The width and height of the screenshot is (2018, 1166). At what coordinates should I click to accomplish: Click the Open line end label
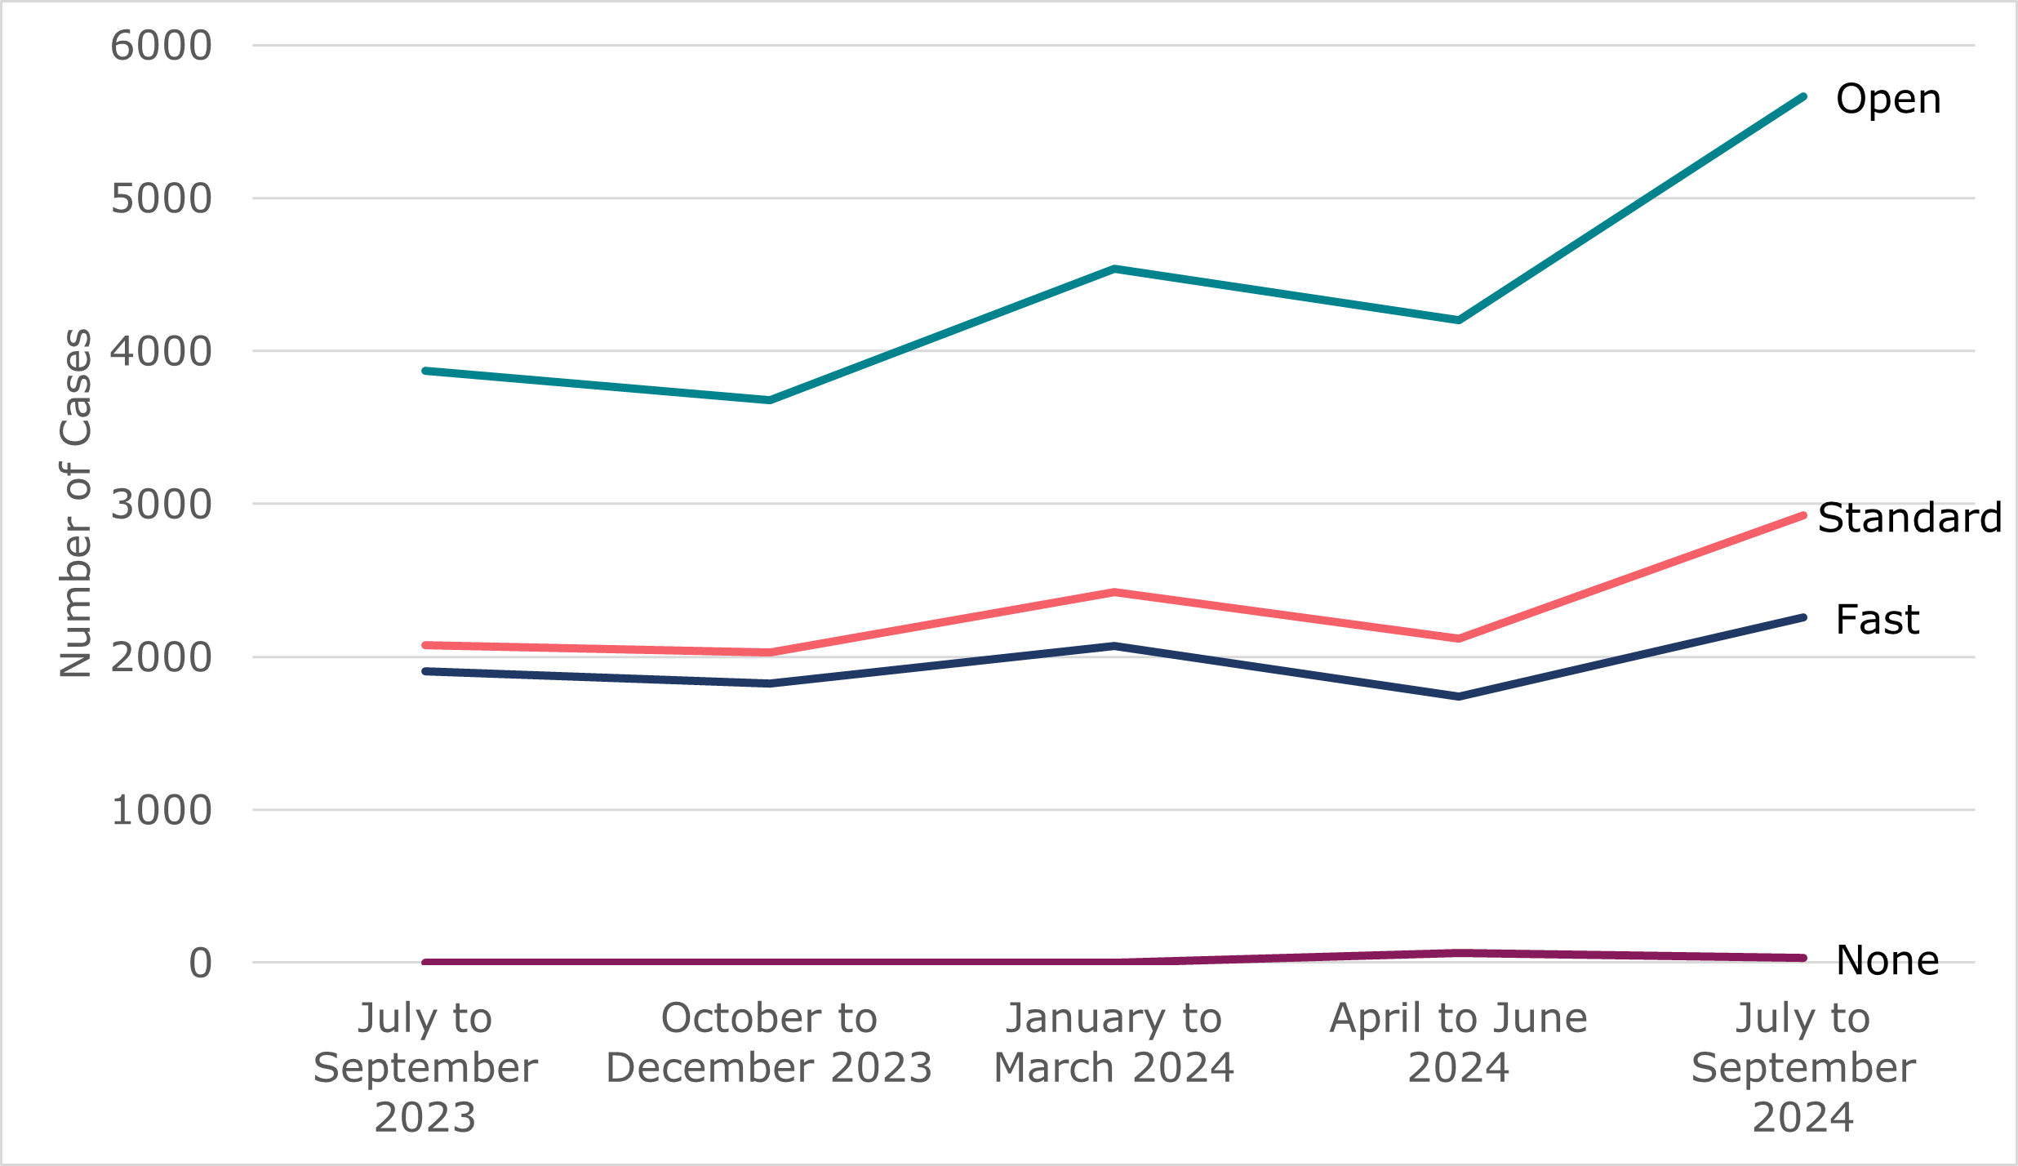[1887, 100]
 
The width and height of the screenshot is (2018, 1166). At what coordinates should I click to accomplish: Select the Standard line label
[1909, 518]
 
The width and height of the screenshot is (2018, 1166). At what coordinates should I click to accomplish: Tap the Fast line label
[1877, 620]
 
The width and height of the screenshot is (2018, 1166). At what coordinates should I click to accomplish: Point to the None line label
[1887, 960]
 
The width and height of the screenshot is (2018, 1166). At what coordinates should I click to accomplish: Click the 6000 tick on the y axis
[161, 46]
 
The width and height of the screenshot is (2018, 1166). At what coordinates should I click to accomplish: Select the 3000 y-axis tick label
[161, 505]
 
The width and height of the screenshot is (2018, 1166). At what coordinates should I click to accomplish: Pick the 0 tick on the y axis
[200, 964]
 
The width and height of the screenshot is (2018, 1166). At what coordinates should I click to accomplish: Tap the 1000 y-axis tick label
[161, 811]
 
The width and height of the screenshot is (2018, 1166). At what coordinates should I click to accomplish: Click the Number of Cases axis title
[76, 503]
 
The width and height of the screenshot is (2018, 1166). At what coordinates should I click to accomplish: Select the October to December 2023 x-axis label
[769, 1043]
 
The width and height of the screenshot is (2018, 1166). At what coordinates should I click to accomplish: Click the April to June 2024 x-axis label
[1459, 1043]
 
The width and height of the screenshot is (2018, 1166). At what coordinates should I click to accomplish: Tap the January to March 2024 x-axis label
[1113, 1043]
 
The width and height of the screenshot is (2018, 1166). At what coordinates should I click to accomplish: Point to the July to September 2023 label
[425, 1067]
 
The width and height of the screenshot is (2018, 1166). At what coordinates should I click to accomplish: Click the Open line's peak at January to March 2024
[1114, 269]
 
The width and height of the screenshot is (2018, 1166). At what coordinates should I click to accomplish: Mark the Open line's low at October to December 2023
[770, 400]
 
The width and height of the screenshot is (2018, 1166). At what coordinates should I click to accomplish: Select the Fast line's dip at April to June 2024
[1459, 696]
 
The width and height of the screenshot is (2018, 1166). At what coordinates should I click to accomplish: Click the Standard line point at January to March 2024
[1114, 592]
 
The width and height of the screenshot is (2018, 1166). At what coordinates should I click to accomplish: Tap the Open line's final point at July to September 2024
[1802, 97]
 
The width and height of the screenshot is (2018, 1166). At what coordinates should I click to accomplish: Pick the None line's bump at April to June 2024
[1459, 953]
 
